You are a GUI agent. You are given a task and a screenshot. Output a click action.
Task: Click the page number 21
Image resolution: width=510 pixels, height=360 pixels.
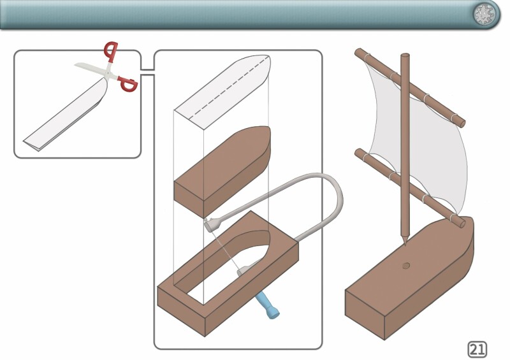tap(477, 348)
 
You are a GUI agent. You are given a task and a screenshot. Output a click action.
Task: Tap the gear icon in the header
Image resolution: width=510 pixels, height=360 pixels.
tap(486, 14)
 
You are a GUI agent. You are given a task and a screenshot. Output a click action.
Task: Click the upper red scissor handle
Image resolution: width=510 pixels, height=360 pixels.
tap(112, 50)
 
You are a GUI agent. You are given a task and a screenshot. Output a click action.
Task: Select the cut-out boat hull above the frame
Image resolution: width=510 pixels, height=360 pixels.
tap(223, 169)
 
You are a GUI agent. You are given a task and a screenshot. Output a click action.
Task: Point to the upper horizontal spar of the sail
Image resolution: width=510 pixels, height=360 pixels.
tap(408, 89)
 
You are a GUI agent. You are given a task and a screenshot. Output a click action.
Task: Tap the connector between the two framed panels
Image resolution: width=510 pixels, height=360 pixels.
tap(147, 72)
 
